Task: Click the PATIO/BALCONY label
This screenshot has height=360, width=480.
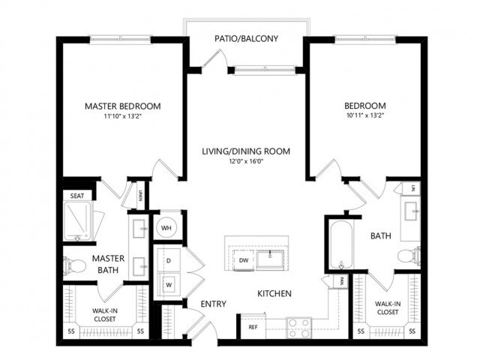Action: pyautogui.click(x=245, y=34)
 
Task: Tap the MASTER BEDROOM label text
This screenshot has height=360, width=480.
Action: pyautogui.click(x=122, y=106)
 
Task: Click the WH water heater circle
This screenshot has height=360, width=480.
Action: pyautogui.click(x=166, y=228)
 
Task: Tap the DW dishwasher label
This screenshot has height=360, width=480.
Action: pyautogui.click(x=243, y=260)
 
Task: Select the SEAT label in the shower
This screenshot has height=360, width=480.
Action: pyautogui.click(x=77, y=196)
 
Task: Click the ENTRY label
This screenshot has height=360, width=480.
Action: pyautogui.click(x=214, y=304)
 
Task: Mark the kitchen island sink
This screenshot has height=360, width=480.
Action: pyautogui.click(x=270, y=259)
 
